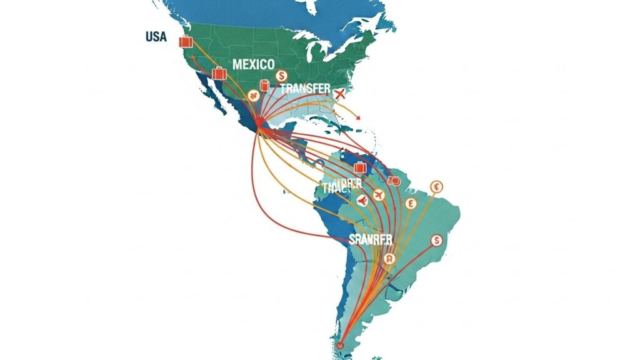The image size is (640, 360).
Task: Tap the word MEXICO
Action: [253, 64]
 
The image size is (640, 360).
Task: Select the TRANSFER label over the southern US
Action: [305, 89]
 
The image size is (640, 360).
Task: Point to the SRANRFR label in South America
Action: [371, 239]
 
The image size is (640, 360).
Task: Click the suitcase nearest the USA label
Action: [185, 42]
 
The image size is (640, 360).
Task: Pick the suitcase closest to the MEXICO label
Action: [219, 74]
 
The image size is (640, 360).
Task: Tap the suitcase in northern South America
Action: [359, 167]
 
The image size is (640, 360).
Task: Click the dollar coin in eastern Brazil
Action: [436, 240]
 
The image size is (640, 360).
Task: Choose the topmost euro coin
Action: [436, 186]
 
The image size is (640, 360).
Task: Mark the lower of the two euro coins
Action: [411, 204]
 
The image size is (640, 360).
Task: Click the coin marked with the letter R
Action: [390, 259]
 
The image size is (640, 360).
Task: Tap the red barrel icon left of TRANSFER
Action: [265, 86]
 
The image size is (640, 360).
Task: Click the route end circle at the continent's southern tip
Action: [340, 344]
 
